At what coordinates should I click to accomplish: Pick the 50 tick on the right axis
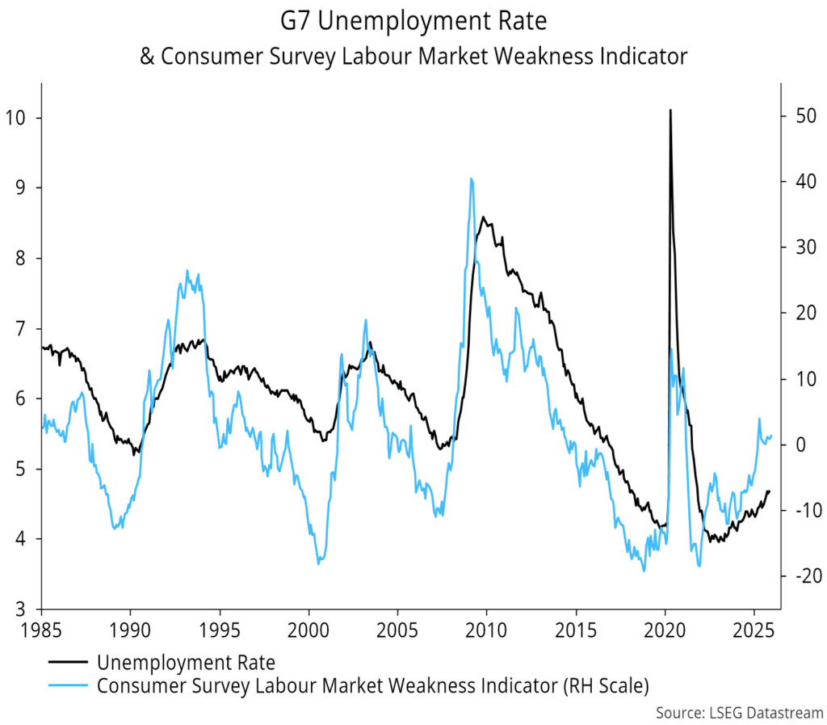pyautogui.click(x=799, y=118)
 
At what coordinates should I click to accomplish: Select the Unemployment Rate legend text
pyautogui.click(x=186, y=663)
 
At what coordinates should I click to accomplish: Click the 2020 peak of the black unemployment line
pyautogui.click(x=670, y=110)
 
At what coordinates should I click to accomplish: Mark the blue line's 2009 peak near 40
pyautogui.click(x=471, y=179)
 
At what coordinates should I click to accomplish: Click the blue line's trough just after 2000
pyautogui.click(x=319, y=563)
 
